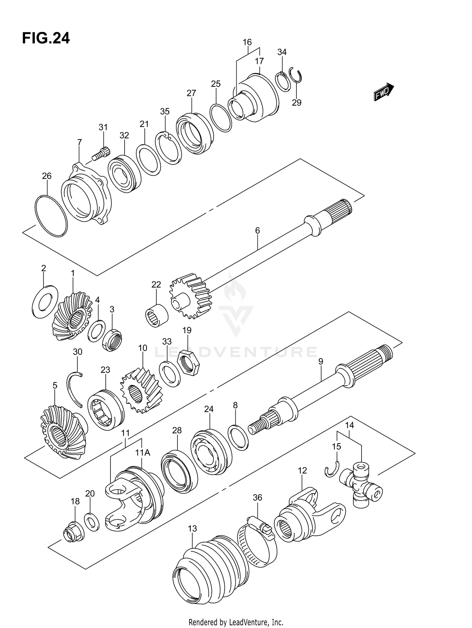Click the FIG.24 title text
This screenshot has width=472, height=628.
[46, 38]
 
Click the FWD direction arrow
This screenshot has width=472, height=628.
[384, 92]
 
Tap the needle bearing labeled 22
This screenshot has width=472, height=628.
[157, 316]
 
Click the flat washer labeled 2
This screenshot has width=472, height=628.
[45, 301]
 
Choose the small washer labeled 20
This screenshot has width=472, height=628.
[92, 523]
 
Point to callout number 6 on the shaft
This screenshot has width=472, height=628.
[257, 231]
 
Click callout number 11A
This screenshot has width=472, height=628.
[143, 453]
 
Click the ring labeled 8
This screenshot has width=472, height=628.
[238, 437]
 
